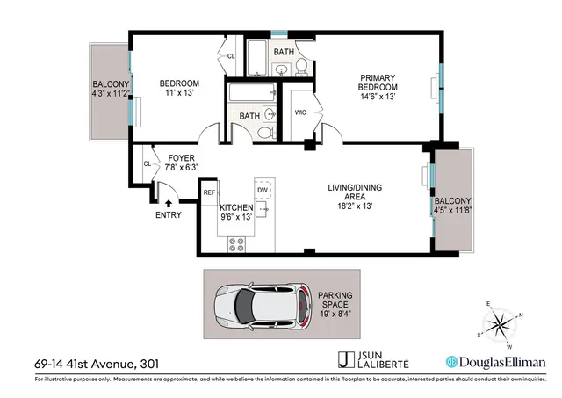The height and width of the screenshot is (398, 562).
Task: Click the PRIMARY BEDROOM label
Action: click(x=378, y=87)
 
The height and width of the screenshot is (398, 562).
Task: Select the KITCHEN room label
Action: click(x=235, y=211)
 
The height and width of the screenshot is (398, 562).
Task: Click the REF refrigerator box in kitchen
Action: click(x=209, y=192)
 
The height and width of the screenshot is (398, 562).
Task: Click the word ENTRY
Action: click(x=169, y=215)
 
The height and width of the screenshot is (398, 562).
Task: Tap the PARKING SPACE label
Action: click(x=335, y=301)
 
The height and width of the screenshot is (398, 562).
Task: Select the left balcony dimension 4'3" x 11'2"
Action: click(x=112, y=90)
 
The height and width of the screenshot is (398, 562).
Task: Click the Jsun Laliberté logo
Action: click(x=371, y=361)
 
